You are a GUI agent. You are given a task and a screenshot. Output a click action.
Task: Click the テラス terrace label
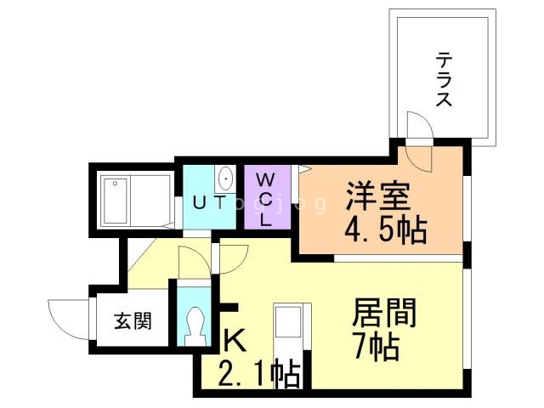point(444,79)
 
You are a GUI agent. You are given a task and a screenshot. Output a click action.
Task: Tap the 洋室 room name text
point(377,198)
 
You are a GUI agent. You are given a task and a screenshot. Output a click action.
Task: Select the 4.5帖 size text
point(385,229)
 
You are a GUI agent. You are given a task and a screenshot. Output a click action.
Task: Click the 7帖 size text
point(373,346)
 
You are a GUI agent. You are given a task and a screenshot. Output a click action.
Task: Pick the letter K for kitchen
point(234,341)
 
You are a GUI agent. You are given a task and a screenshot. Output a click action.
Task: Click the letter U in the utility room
point(199,201)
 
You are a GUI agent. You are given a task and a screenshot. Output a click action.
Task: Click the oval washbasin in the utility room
point(226,179)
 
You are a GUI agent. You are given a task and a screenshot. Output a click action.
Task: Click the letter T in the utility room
point(219,201)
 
